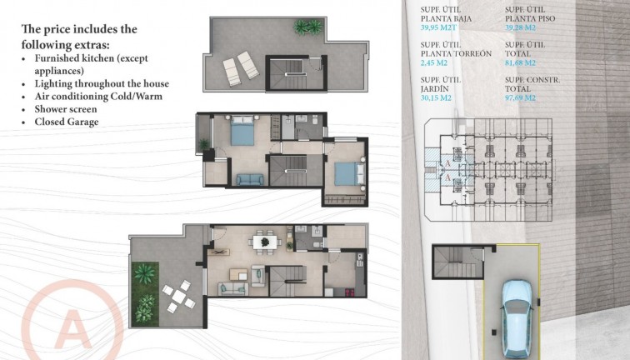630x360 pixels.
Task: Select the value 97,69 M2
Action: coord(520,97)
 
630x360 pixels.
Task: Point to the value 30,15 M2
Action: coord(438,97)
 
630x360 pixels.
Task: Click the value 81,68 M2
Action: coord(520,62)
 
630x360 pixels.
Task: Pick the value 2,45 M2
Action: coord(436,62)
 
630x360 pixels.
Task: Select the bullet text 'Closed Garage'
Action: coord(67,122)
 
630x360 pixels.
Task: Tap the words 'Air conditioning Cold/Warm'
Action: coord(97,97)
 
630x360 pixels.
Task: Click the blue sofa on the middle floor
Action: coord(247,179)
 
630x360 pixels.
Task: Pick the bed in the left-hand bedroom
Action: coord(242,131)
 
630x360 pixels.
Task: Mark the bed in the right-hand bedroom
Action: coord(348,173)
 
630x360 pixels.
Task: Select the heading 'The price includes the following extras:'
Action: coord(79,36)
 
